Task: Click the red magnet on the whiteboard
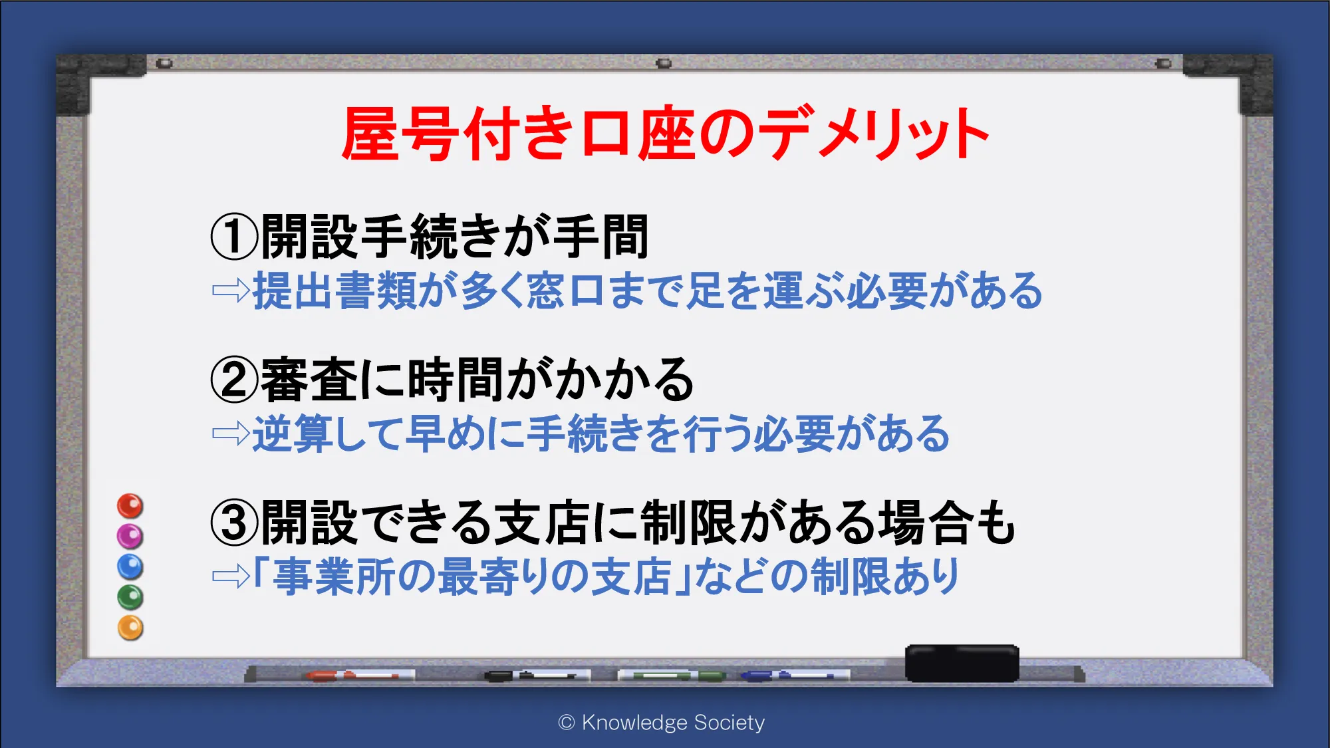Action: click(130, 506)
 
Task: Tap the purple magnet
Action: click(130, 536)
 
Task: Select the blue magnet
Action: click(130, 566)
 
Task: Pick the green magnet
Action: click(130, 597)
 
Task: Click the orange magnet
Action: click(130, 628)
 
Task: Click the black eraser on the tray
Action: click(962, 663)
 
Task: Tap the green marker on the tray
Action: click(672, 676)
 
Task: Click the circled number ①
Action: click(234, 237)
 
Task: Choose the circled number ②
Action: click(234, 380)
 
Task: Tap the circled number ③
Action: click(234, 523)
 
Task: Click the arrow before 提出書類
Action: click(231, 291)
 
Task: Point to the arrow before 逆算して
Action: click(231, 434)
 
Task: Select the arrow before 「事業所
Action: click(231, 576)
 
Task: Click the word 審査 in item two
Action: click(310, 380)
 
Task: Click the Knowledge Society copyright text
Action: click(662, 722)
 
